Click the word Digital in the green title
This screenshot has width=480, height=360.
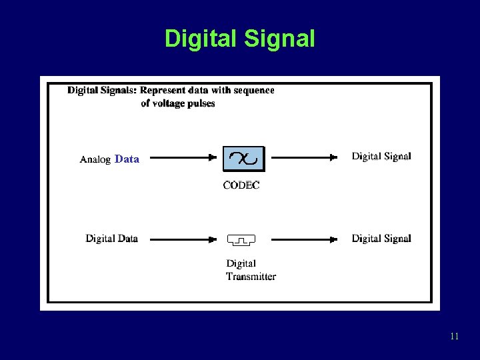201,39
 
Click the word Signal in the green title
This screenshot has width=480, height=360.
279,39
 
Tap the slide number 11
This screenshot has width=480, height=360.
454,336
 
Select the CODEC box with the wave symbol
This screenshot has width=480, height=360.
243,159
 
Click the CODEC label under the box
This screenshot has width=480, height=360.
241,185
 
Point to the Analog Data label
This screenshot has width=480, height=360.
109,159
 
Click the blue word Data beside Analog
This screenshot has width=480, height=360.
127,159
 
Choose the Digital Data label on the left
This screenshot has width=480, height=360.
111,238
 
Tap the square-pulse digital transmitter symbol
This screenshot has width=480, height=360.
241,239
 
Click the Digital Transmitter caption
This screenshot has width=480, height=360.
250,270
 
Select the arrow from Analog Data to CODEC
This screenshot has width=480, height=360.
179,159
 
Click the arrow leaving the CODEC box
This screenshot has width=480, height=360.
304,159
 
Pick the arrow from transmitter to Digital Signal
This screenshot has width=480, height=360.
304,239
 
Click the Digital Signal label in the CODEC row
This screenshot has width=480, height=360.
381,157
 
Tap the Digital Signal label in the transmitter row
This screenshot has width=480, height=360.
381,238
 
